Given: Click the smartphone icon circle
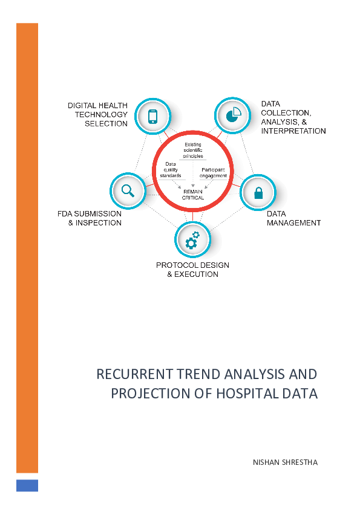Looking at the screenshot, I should (x=152, y=115).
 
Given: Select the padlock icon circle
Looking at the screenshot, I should (x=258, y=193).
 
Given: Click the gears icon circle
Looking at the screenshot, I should (x=192, y=240).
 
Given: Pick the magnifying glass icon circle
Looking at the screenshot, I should (x=128, y=190).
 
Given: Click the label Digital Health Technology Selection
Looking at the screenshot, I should (x=97, y=114).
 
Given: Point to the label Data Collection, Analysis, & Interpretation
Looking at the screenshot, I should (x=293, y=117).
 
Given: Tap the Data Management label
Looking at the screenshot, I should (x=293, y=218).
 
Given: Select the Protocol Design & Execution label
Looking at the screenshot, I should (x=192, y=270).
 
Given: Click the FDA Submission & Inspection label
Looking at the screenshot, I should (x=90, y=218).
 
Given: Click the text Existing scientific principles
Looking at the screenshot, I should (x=194, y=149).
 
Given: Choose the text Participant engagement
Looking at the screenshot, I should (x=213, y=172).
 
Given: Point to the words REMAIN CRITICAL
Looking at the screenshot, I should (x=193, y=194).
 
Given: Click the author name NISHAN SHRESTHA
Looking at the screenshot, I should (x=284, y=462).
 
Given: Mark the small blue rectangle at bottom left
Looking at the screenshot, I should (x=27, y=485).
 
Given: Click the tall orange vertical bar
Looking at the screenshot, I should (x=27, y=248).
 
